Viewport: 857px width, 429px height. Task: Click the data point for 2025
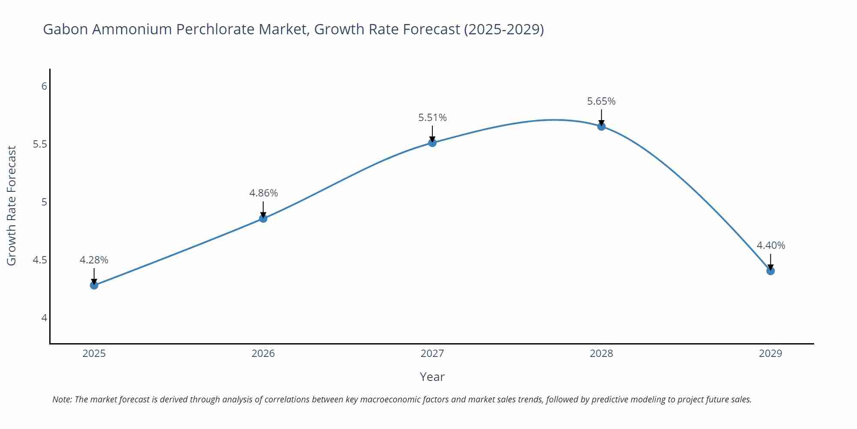(94, 285)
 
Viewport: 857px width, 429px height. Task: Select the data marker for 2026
(263, 218)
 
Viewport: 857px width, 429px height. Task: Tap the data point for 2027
(432, 143)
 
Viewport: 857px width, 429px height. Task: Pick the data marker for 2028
(601, 127)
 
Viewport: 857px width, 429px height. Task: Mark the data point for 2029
(770, 271)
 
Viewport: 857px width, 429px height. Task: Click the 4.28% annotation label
(94, 260)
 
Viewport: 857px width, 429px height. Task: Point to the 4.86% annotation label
(264, 193)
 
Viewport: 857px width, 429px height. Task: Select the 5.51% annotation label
(432, 118)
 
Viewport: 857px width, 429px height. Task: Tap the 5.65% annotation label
(601, 101)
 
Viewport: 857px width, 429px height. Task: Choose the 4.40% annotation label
(771, 245)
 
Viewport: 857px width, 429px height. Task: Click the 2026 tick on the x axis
(263, 353)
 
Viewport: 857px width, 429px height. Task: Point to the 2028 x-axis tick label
(601, 353)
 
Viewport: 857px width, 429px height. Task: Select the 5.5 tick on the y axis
(40, 144)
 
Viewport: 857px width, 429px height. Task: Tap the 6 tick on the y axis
(44, 86)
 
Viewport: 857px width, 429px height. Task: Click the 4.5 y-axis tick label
(40, 260)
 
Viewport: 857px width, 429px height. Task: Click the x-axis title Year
(432, 377)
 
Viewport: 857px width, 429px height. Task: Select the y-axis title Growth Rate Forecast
(12, 205)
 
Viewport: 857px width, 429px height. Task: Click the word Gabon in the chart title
(65, 29)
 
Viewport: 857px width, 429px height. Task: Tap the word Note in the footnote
(62, 399)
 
